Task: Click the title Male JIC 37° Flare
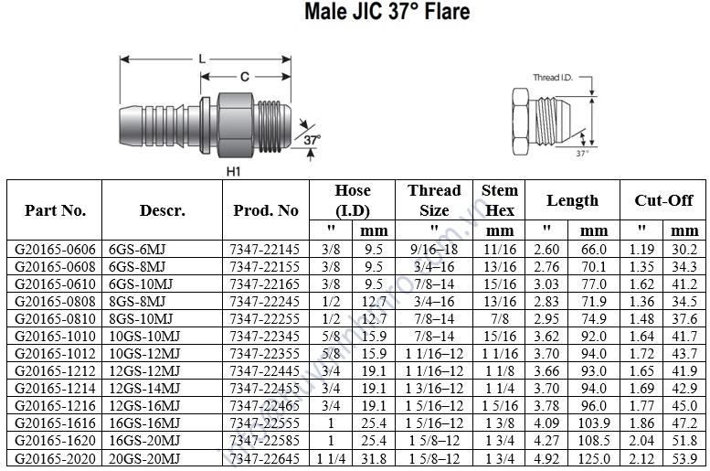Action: click(x=387, y=11)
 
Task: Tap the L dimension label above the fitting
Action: click(x=202, y=59)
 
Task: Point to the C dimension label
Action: click(x=245, y=77)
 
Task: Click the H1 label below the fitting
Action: click(x=233, y=171)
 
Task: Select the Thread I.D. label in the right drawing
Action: click(x=553, y=78)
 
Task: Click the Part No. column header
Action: click(x=55, y=210)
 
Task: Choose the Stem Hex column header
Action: click(x=500, y=200)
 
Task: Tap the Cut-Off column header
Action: click(x=663, y=200)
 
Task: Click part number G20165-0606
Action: click(x=55, y=250)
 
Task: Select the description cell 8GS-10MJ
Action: click(x=141, y=318)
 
